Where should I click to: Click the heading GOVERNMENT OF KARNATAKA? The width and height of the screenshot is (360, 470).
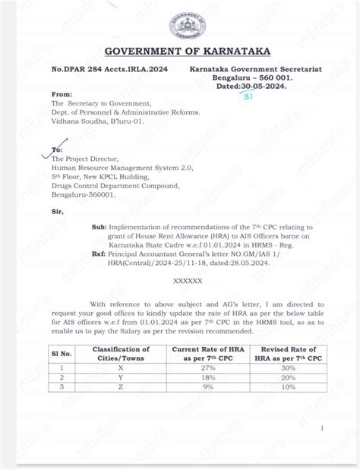click(180, 51)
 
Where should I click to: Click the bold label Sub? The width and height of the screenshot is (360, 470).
click(99, 226)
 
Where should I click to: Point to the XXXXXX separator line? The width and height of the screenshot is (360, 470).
click(190, 281)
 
